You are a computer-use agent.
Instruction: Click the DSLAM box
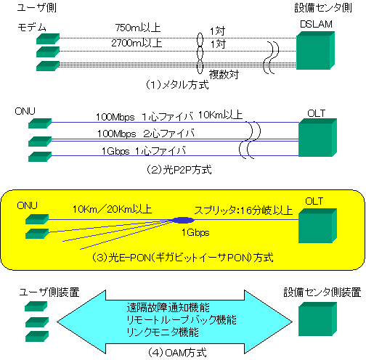(317, 52)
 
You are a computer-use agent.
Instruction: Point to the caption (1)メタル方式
(177, 85)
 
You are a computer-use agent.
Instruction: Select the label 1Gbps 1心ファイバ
(143, 150)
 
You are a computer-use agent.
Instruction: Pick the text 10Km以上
(220, 115)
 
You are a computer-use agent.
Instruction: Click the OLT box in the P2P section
(317, 139)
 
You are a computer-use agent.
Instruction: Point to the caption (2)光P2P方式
(177, 170)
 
